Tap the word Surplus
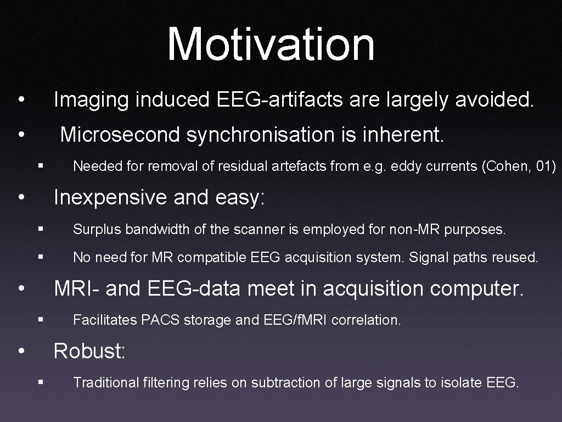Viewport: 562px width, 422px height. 97,229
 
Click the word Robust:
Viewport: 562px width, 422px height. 89,351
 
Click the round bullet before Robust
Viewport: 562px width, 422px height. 20,351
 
